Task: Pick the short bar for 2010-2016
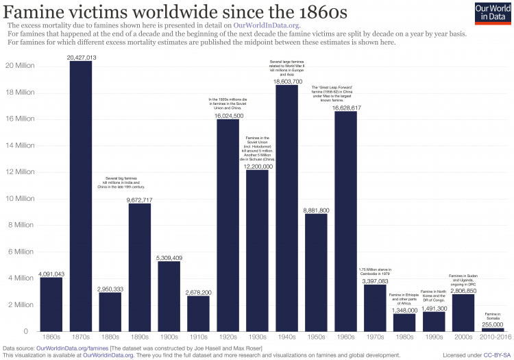coord(493,330)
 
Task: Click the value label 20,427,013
coord(81,57)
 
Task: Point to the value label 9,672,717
coord(140,200)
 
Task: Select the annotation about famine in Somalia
coord(493,316)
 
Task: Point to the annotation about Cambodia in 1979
coord(375,270)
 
